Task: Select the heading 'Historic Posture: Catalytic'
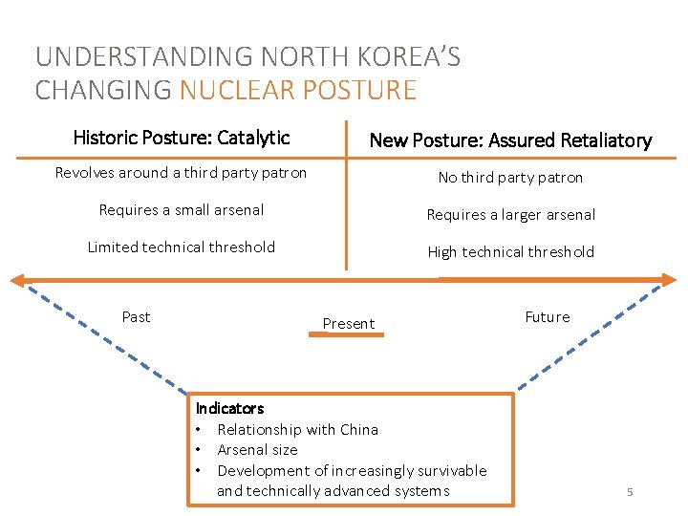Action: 182,138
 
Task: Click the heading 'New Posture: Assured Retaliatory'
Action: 510,140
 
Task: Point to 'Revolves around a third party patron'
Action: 181,173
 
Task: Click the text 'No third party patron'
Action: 510,178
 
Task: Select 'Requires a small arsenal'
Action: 182,210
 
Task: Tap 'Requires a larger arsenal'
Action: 510,215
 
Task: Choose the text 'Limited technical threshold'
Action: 182,247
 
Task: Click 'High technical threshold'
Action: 510,252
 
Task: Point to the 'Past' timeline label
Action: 136,317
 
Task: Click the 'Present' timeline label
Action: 349,324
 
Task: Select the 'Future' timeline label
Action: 548,317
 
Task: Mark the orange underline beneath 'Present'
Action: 347,336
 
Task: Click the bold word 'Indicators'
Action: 230,408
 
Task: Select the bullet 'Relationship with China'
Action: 297,430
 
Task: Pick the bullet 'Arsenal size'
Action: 257,450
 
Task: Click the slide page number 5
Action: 630,492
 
